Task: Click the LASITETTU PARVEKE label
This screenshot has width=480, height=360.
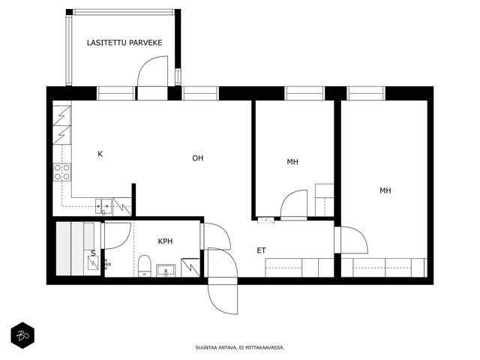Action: (124, 43)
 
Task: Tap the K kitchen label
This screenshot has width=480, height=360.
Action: (100, 154)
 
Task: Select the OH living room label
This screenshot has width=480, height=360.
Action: (198, 158)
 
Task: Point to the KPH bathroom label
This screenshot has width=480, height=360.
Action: (165, 241)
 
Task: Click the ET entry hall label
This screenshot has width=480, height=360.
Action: (261, 250)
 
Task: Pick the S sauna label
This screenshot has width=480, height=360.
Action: (93, 253)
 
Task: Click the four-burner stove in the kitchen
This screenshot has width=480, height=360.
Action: (62, 172)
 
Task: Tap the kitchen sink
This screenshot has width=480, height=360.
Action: (103, 206)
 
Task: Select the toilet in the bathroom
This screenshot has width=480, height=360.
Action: (145, 265)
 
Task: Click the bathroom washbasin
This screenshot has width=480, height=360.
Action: (166, 271)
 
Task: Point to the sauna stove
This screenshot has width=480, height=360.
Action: (93, 263)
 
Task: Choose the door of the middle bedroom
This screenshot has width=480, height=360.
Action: (294, 203)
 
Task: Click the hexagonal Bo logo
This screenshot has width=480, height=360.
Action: (22, 335)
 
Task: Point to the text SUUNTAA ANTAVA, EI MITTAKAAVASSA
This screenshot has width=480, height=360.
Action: (240, 348)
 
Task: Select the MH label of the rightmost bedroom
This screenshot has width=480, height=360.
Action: (385, 190)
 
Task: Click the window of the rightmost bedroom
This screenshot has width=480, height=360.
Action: (366, 93)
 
